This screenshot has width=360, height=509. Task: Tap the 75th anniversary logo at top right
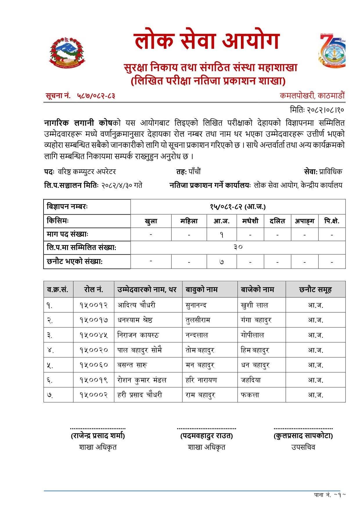coord(332,50)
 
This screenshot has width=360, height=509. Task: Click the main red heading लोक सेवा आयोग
coord(206,41)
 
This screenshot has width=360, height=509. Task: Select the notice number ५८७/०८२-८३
coord(96,96)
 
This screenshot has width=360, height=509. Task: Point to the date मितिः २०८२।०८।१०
coord(317,110)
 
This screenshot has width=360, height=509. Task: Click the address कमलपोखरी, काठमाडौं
coord(312,96)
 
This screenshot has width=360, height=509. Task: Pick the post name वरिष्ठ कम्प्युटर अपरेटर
coord(87,172)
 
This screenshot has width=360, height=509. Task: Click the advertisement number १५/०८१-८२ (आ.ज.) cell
coord(238,207)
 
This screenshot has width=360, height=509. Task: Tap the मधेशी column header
coord(250,221)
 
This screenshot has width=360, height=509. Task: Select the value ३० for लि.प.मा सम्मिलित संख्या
coord(238,247)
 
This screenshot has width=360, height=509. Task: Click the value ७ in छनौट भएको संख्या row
coord(222,262)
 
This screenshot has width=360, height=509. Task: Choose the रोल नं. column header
coord(93,289)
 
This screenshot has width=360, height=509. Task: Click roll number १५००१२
coord(93,305)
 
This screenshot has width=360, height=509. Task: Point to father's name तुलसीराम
coord(198,320)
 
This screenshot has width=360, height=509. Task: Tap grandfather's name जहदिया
coord(251,380)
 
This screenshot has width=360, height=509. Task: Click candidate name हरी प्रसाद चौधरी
coord(140,395)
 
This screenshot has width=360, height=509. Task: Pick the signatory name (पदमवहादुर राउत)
coord(206,436)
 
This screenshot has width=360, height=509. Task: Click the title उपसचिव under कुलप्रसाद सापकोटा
coord(303,447)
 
